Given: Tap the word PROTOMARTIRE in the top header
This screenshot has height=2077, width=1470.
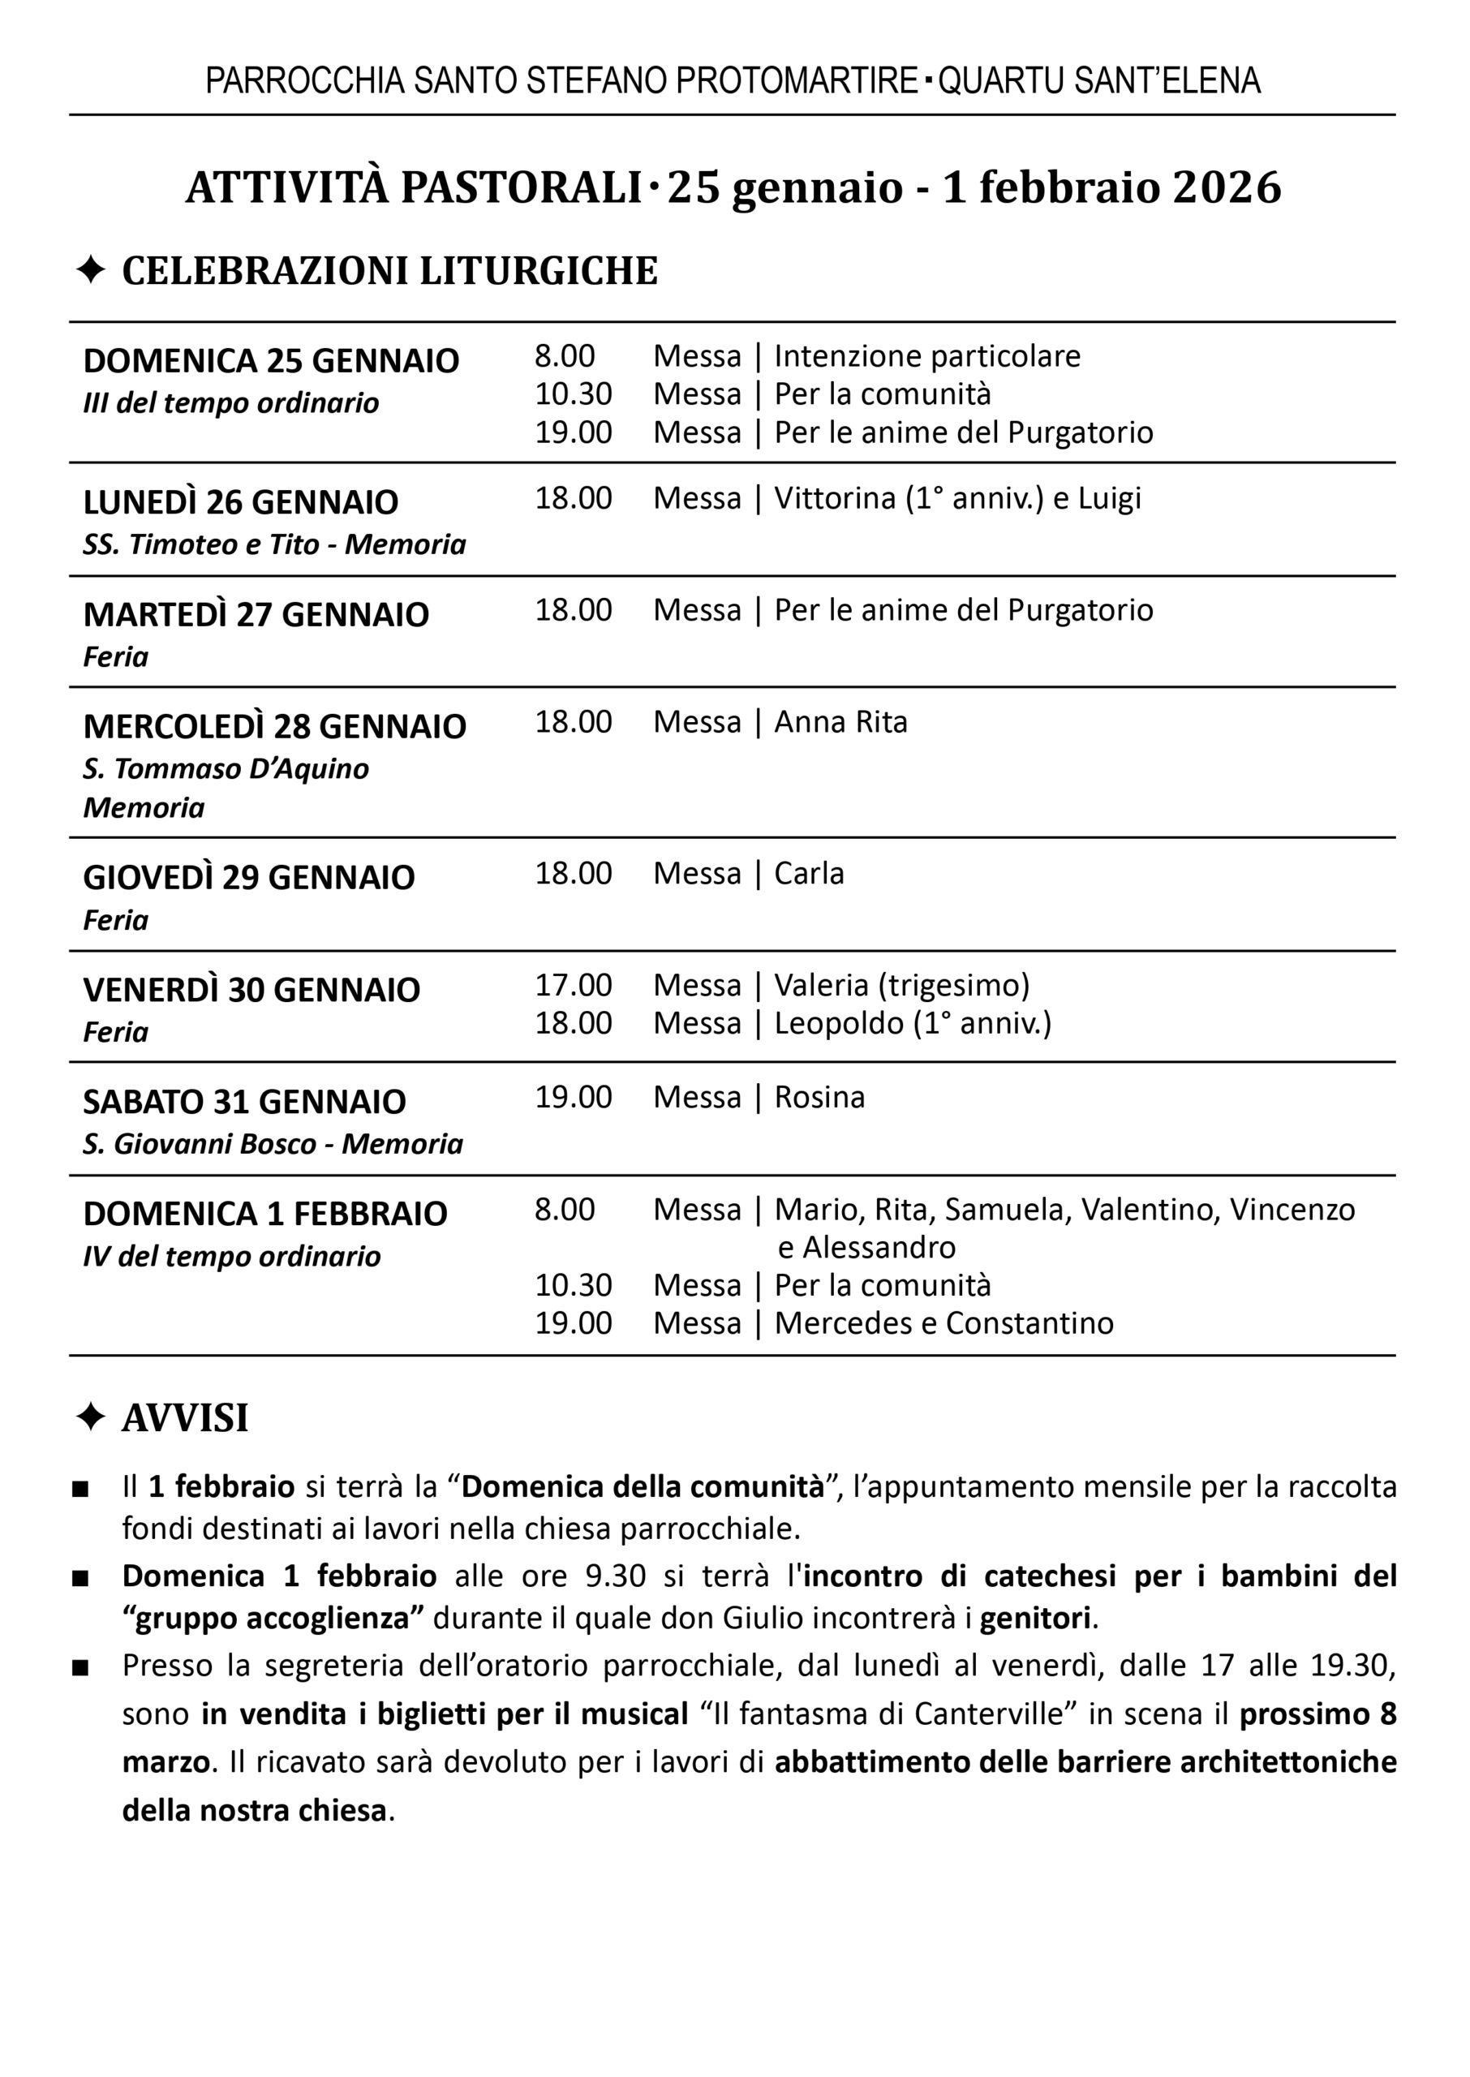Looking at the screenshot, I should [x=797, y=81].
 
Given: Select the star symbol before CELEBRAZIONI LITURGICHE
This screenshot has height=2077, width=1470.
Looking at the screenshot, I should [x=91, y=269].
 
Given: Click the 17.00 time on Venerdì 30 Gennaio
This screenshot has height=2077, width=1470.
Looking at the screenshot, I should [x=573, y=985].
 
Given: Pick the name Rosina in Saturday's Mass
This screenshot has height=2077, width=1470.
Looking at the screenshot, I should [x=819, y=1097].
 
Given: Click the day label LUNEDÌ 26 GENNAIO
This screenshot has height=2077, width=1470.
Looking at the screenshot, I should [x=241, y=502].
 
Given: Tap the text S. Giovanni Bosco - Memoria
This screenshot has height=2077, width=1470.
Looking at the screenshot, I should [x=273, y=1144].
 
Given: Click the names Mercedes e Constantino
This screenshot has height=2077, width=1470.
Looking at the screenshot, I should [x=943, y=1323].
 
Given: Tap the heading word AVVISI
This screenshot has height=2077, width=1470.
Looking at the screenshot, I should [x=185, y=1418].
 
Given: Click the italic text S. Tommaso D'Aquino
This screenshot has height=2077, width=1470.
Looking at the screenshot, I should [x=226, y=768].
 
